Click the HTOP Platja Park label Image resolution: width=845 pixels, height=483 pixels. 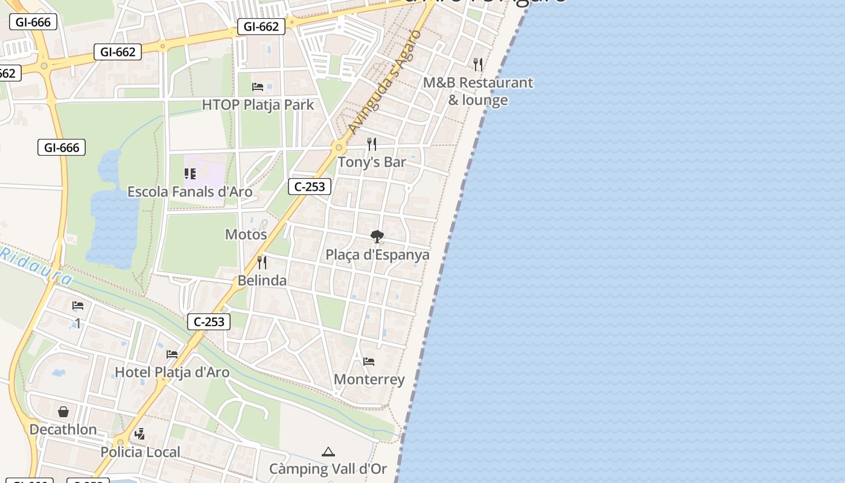pos(258,104)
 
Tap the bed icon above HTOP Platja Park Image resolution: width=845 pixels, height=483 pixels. pos(258,86)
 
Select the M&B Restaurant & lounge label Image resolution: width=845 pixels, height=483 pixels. pos(478,91)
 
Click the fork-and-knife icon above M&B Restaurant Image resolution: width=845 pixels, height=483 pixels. pos(478,64)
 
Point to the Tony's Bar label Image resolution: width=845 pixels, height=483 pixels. pos(371,162)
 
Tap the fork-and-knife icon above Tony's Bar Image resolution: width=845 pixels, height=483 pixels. pos(372,144)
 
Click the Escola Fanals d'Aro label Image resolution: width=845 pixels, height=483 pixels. pos(190,192)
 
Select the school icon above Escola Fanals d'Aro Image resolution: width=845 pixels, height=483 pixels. pos(190,174)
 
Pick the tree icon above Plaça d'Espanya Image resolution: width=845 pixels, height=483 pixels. pos(377,236)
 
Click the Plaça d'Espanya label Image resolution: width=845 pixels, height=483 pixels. pos(377,255)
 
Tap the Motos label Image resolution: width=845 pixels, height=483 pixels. pos(246,234)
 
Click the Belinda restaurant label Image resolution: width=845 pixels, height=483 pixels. pos(262,281)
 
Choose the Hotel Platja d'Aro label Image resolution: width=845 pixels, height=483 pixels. pos(172,373)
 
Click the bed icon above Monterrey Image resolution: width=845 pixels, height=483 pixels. pos(369,362)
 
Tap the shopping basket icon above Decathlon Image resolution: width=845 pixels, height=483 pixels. pos(63,412)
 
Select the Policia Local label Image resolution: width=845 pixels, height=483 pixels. pos(140,452)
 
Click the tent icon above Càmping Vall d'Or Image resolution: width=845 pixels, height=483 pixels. pos(328,452)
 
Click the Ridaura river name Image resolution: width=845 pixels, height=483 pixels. pos(36,266)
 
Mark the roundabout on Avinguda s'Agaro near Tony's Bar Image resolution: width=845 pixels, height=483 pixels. pos(339,147)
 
